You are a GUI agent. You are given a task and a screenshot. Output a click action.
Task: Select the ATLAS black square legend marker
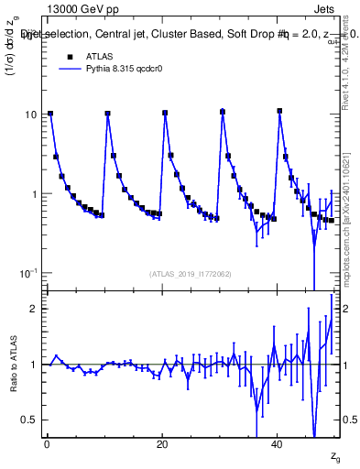[x=69, y=57]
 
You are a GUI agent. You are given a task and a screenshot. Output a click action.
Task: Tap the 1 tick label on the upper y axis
[x=35, y=194]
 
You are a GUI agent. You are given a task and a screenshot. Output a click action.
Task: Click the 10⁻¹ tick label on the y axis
[x=28, y=274]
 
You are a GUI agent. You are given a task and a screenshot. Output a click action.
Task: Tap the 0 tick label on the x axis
[x=47, y=444]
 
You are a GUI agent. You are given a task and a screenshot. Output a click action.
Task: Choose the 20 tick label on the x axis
[x=162, y=444]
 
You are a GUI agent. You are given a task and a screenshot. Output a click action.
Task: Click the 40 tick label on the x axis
[x=278, y=444]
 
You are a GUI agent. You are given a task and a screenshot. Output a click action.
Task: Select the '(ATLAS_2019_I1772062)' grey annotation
[x=191, y=274]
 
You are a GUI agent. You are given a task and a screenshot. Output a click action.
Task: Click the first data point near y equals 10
[x=50, y=114]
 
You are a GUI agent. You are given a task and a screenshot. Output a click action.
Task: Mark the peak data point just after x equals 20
[x=165, y=114]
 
